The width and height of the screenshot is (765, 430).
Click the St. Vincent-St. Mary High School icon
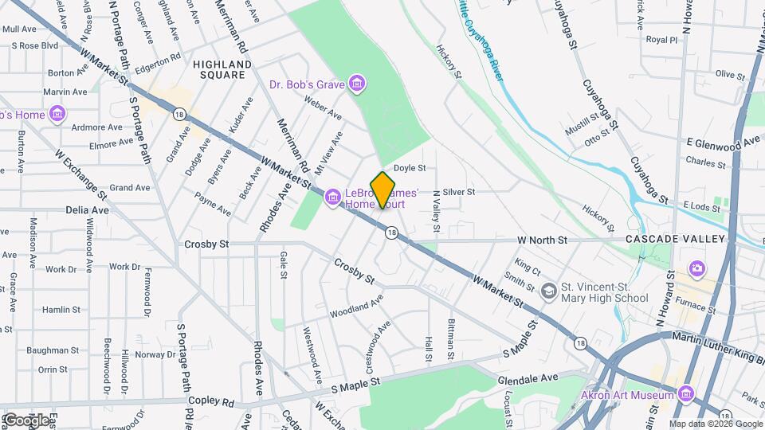click(x=548, y=291)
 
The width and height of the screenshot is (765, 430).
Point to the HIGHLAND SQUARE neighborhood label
click(x=222, y=69)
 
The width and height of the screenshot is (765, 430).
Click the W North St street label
click(x=541, y=240)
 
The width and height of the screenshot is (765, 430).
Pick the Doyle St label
click(x=410, y=168)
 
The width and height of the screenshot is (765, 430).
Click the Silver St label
click(x=458, y=192)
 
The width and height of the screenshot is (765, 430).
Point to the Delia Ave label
click(x=87, y=210)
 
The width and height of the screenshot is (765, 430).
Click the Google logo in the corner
click(x=26, y=420)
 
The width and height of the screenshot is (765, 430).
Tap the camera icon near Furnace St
click(x=697, y=268)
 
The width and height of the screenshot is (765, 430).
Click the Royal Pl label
click(x=661, y=39)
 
